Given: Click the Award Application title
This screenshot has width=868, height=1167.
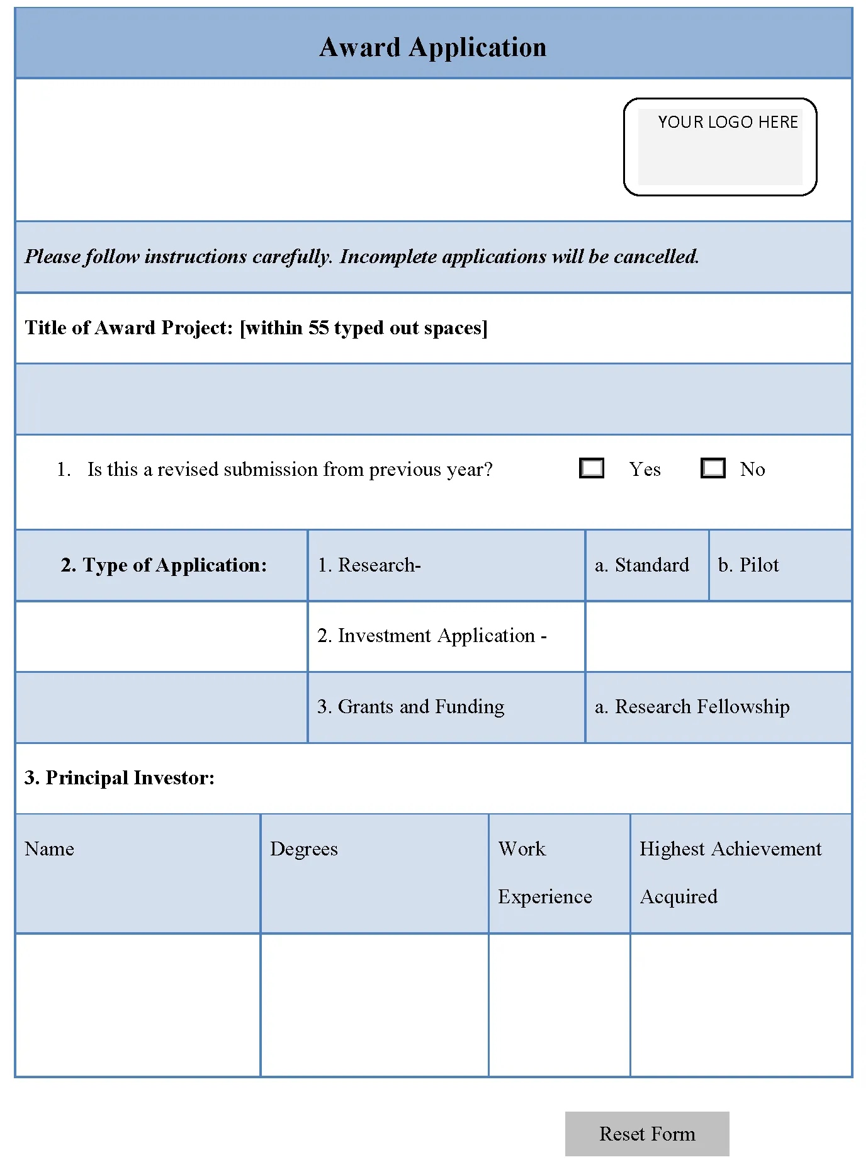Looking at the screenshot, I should [433, 48].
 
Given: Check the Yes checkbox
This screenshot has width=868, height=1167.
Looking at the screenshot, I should [592, 468].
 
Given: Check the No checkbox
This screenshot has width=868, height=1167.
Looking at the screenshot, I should [713, 468].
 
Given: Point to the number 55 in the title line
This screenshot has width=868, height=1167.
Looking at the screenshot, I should [318, 328].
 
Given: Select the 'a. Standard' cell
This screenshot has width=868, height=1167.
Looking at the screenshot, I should [642, 565].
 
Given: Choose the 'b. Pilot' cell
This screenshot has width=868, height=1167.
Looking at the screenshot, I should [748, 565].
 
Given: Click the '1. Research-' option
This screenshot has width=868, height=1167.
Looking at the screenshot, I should [369, 565].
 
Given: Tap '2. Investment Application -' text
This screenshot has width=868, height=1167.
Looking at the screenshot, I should [432, 636].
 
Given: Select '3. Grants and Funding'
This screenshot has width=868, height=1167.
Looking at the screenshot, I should [411, 707].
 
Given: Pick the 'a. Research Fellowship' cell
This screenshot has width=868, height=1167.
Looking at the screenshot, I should [692, 707].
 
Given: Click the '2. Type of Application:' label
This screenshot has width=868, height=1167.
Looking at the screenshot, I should [164, 565].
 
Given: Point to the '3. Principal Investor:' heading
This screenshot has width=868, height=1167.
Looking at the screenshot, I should [120, 778].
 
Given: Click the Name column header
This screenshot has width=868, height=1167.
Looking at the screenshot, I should [50, 849].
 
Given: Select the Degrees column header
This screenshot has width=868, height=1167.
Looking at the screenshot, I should [304, 849].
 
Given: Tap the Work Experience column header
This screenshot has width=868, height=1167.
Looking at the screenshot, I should [545, 872].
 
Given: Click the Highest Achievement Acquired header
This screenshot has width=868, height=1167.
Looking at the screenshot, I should [730, 872].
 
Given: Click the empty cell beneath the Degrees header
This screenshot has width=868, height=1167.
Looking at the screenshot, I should [375, 1005].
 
